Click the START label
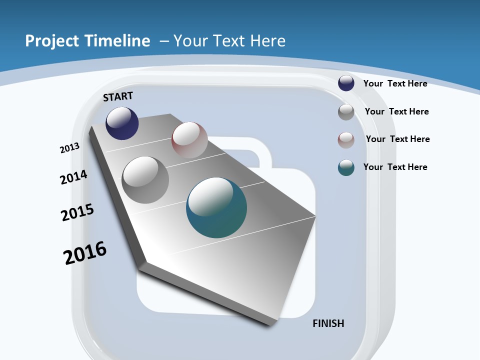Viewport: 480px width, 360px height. pos(118,96)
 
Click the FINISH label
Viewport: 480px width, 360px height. pos(328,323)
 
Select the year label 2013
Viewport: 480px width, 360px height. pos(70,148)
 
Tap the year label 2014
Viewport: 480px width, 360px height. pos(73,177)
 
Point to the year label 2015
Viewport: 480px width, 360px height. pos(77,212)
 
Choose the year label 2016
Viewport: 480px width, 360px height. pos(85,252)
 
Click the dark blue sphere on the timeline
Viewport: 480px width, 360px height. pos(122,123)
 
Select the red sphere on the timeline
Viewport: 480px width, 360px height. pos(189,140)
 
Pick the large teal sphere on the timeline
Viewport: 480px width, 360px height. pos(216,207)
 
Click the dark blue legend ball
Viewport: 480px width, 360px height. pos(346,83)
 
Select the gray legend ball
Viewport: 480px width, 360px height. pos(346,112)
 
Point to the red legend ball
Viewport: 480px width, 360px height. pos(346,140)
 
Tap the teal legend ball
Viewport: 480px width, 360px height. pos(346,168)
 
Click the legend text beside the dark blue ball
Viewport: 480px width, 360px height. pos(395,83)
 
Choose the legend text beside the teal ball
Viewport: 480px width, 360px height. pos(395,167)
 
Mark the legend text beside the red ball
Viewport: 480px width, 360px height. pos(397,139)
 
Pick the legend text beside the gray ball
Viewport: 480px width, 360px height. pos(396,111)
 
